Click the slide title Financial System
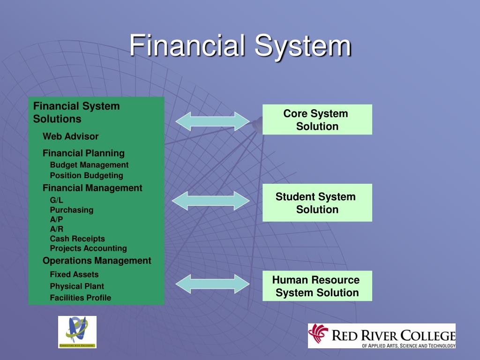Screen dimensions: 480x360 pos(240,46)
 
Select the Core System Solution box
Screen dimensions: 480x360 pos(317,120)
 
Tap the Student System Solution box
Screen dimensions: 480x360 pos(317,202)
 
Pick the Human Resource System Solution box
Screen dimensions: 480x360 pos(317,286)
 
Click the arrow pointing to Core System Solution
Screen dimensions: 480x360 pos(213,121)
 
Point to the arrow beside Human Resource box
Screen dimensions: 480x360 pos(213,284)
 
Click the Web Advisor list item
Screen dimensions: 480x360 pos(70,136)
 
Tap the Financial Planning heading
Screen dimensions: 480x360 pos(83,153)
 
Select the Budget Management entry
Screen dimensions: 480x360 pos(89,165)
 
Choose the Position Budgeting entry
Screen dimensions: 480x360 pos(86,175)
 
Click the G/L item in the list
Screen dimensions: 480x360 pos(57,200)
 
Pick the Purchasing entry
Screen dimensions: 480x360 pos(71,210)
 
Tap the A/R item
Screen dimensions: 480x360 pos(56,229)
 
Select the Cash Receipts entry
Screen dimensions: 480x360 pos(77,239)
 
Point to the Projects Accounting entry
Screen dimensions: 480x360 pos(88,248)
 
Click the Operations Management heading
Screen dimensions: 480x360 pos(97,261)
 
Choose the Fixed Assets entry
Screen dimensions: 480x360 pos(74,274)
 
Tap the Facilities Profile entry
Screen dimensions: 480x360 pos(80,298)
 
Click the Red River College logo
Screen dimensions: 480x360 pos(382,336)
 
